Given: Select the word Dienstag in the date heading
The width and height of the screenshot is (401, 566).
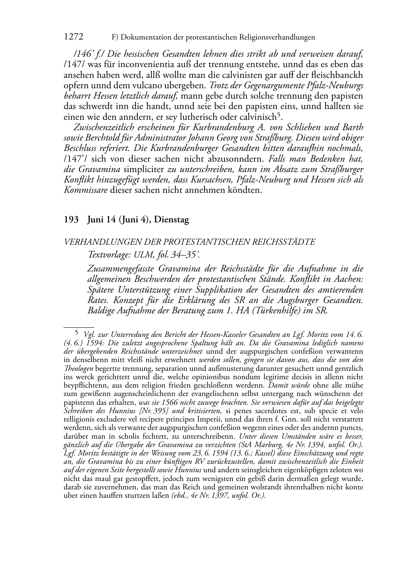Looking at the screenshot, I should [172, 220].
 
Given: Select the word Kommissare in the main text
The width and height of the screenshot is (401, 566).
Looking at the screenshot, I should [86, 190].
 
